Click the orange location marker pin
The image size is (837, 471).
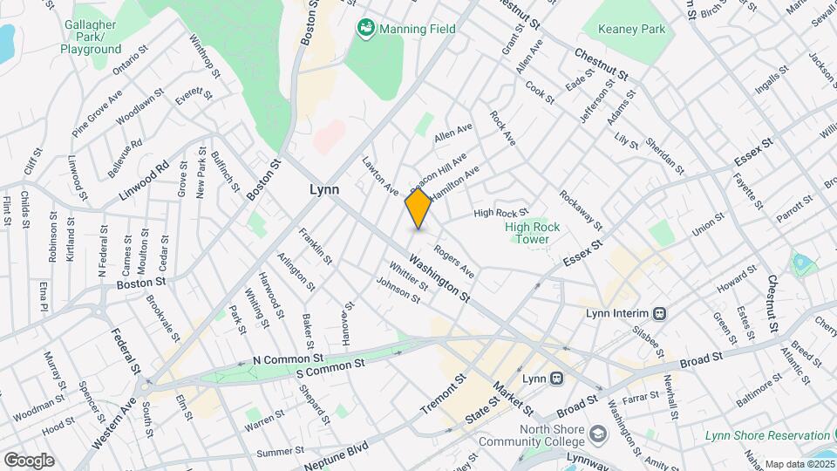(418, 209)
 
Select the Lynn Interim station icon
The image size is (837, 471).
(661, 313)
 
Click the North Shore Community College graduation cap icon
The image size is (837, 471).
(597, 433)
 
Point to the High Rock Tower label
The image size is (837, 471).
(527, 233)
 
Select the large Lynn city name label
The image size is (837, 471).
(324, 189)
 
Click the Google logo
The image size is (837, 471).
(29, 460)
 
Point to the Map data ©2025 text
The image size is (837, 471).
(798, 464)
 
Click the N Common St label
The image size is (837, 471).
(288, 358)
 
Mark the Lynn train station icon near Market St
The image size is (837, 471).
(556, 379)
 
